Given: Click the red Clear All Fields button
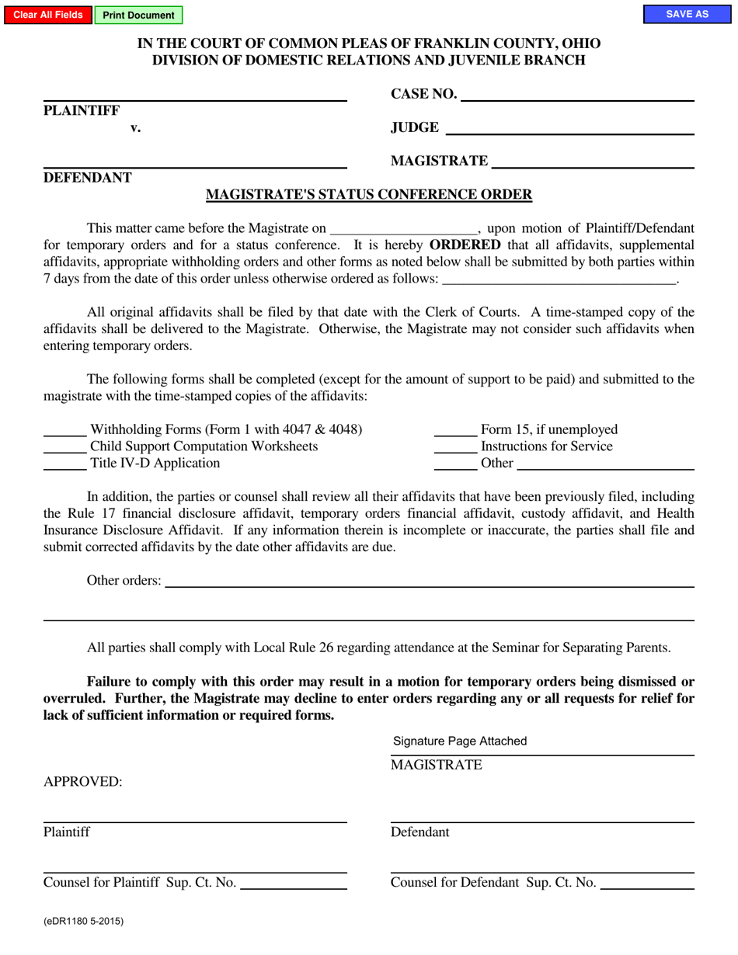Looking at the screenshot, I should [48, 15].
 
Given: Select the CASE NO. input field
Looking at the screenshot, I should [577, 95].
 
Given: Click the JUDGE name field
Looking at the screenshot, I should [569, 128].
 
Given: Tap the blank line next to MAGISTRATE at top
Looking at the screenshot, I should [593, 161].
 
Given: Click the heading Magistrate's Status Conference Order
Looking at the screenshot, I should [369, 195].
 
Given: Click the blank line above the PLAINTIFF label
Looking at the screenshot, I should [195, 95].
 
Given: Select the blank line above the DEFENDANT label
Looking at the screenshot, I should [195, 161].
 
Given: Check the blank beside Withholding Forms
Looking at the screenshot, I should [64, 430].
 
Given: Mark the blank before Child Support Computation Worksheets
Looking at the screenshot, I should [64, 447].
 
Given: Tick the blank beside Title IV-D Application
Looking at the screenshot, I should [64, 464].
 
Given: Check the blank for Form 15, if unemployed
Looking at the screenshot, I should [455, 430].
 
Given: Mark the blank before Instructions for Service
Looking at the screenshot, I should [455, 447].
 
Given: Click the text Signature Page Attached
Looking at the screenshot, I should [460, 741].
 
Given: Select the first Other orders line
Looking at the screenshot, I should [430, 581].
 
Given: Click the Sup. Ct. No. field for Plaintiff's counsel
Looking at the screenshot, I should [294, 883].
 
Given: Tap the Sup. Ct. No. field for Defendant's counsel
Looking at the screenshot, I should [647, 883].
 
